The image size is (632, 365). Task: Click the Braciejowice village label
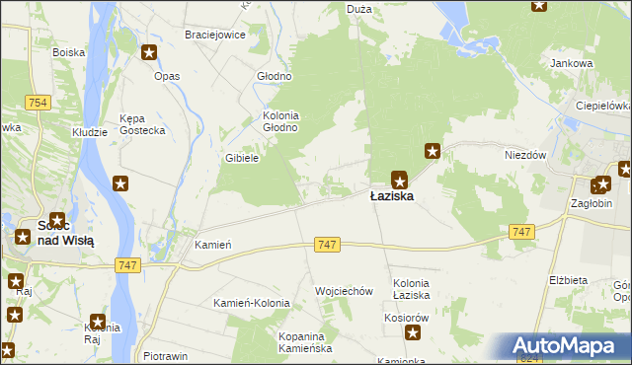coord(214,35)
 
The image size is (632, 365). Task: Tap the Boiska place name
coord(69,52)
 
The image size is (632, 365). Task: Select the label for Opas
coord(167,76)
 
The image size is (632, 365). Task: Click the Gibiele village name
coord(242,158)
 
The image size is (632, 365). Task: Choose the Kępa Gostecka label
coord(142,123)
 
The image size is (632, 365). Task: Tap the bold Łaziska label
coord(392,196)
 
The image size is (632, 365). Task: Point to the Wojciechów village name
coord(343,291)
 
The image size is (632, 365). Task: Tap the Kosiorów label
coord(408,318)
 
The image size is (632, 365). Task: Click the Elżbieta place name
coord(568,280)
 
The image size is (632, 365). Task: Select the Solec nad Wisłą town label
coord(65,233)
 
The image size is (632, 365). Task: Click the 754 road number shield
coord(39,104)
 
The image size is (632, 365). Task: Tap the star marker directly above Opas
coord(149,53)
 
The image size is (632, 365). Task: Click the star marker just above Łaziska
coord(399,179)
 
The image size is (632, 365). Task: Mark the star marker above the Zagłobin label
coord(600,184)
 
